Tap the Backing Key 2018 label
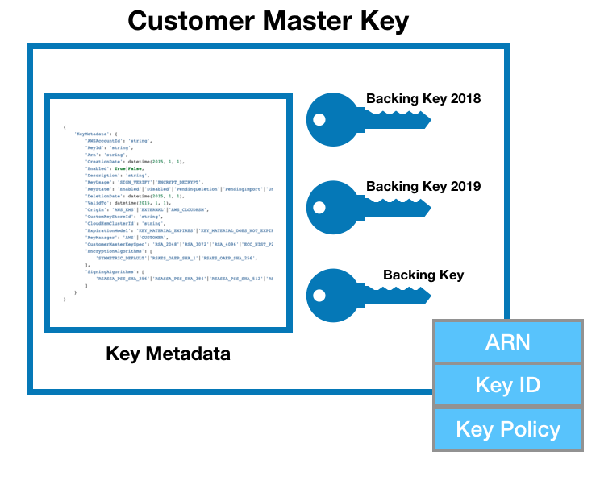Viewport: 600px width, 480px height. [x=423, y=99]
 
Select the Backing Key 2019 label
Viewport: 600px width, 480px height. [x=423, y=186]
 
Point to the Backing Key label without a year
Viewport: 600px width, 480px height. [x=423, y=275]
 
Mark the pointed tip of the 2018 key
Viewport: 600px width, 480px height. [x=429, y=122]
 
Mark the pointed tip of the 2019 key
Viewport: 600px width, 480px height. [x=429, y=209]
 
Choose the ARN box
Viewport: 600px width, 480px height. [x=507, y=341]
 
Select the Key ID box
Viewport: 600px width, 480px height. [x=507, y=384]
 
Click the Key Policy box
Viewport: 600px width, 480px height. [x=507, y=428]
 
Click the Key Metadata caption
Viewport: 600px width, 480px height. [x=168, y=353]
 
